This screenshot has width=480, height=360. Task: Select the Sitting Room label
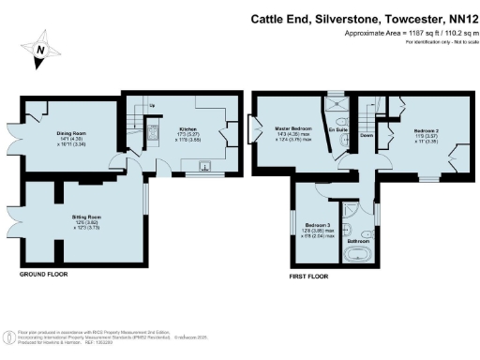point(86,217)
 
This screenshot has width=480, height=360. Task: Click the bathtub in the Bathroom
point(360,255)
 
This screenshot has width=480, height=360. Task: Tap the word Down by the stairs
point(367,134)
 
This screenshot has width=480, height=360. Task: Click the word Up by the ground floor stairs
point(153,104)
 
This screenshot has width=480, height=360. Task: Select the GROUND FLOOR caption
point(45,275)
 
